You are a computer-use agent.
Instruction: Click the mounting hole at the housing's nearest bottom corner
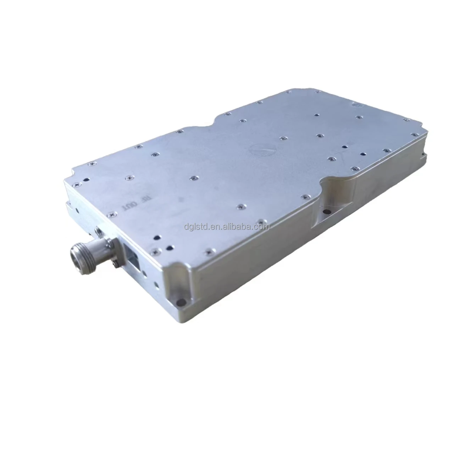tap(182, 302)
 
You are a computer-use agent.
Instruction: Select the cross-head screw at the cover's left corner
tap(77, 185)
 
